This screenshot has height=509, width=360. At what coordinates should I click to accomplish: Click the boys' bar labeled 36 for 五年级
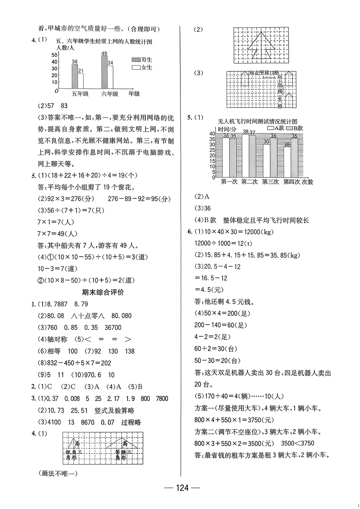pyautogui.click(x=75, y=76)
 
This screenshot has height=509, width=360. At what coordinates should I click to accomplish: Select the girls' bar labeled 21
pyautogui.click(x=80, y=81)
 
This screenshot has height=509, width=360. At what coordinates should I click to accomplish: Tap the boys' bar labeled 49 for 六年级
pyautogui.click(x=105, y=72)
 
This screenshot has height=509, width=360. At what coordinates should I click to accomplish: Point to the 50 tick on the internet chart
pyautogui.click(x=54, y=55)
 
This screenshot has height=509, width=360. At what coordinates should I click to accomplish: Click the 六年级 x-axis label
pyautogui.click(x=110, y=94)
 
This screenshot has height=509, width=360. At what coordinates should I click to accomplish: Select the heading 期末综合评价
pyautogui.click(x=103, y=292)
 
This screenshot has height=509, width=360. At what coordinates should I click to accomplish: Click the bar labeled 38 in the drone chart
pyautogui.click(x=245, y=155)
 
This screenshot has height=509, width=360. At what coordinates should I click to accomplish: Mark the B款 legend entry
pyautogui.click(x=295, y=128)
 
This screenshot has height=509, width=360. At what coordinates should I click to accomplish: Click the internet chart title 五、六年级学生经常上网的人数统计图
pyautogui.click(x=104, y=41)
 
